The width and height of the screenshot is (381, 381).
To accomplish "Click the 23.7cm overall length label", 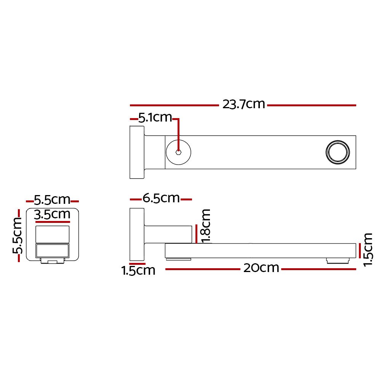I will pos(243,104).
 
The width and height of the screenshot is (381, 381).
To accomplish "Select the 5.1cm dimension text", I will pos(155,118).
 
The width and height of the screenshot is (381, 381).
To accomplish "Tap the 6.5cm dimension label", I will pos(161,198).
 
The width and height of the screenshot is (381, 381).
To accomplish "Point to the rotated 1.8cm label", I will pos(206,225).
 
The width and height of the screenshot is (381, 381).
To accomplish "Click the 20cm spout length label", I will pos(261,268).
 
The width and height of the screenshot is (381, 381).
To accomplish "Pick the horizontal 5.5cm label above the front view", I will pos(52,200).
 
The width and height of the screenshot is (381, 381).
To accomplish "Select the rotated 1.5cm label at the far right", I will pos(368,250).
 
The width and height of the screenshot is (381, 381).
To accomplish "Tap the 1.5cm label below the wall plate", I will pos(138,271).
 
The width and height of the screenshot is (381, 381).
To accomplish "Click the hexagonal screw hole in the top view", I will pos(178,152).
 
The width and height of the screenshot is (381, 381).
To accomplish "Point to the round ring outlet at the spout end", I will pos(338,152).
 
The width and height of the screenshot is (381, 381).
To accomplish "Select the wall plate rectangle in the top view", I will pos(137,152).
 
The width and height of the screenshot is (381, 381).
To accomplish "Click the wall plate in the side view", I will pos(136,235).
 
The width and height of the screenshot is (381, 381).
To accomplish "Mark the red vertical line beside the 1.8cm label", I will pos(195,234).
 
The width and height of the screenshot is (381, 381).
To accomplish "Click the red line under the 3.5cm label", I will pos(53,221).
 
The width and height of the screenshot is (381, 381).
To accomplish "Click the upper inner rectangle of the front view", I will pos(53,234).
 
